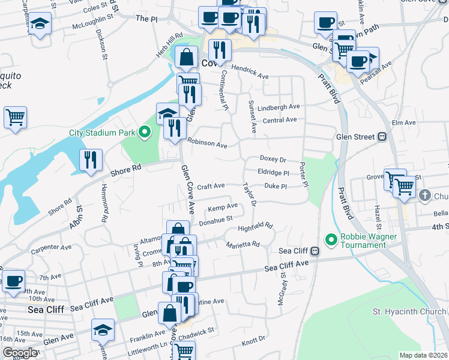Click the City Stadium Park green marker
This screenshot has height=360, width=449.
(x=144, y=132)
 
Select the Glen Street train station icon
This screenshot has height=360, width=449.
(x=381, y=137)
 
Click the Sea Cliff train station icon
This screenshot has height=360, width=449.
(x=315, y=251)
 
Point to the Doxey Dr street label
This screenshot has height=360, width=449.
(x=273, y=159)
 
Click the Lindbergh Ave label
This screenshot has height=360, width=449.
(x=279, y=107)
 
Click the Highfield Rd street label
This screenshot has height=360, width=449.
(x=255, y=227)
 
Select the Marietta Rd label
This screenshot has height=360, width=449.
(x=243, y=245)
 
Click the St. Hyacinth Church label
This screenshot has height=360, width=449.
(x=409, y=311)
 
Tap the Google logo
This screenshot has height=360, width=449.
(x=20, y=353)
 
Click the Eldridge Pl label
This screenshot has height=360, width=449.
(x=274, y=172)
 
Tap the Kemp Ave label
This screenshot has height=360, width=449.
(x=222, y=208)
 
